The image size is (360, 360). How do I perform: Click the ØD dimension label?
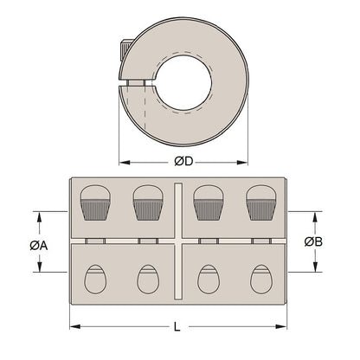point(183,163)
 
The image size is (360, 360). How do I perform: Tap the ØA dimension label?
point(37,244)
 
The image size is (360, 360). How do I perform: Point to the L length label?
point(177,327)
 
